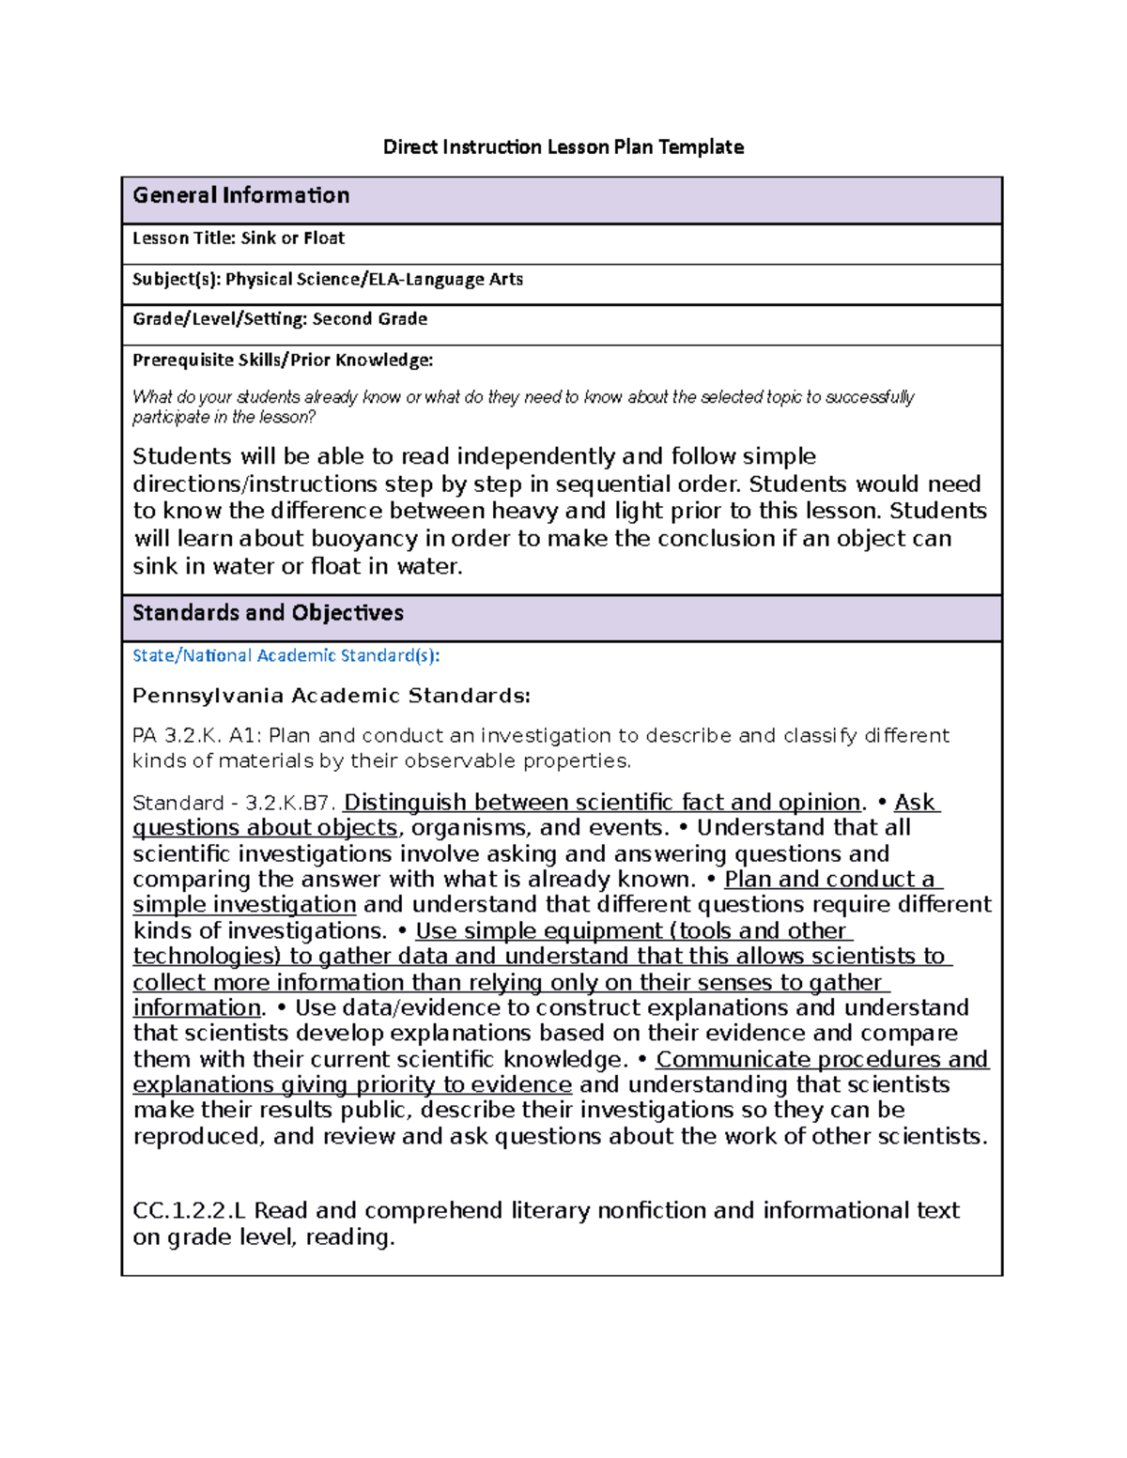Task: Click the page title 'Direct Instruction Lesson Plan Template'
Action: pyautogui.click(x=563, y=146)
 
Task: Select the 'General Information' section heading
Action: pyautogui.click(x=240, y=195)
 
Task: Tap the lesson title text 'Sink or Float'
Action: pyautogui.click(x=292, y=238)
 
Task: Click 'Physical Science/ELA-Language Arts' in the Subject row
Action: pyautogui.click(x=374, y=279)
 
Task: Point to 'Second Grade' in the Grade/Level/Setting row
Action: pyautogui.click(x=369, y=319)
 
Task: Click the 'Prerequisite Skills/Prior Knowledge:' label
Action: pyautogui.click(x=283, y=360)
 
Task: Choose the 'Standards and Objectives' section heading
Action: pyautogui.click(x=268, y=613)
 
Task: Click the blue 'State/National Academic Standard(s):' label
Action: pyautogui.click(x=286, y=655)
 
